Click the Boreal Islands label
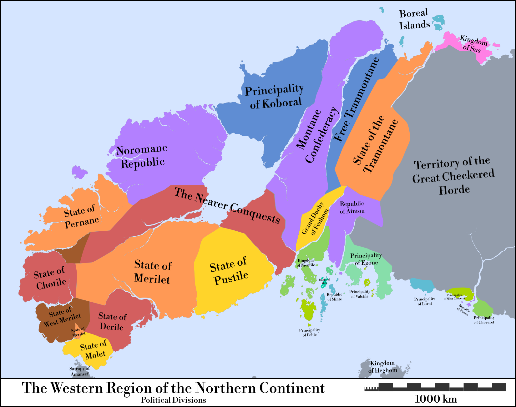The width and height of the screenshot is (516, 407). [x=414, y=19]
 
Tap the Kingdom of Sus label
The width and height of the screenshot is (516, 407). [x=473, y=44]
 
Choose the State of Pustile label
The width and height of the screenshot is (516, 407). [x=229, y=271]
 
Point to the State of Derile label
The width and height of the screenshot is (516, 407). [x=112, y=322]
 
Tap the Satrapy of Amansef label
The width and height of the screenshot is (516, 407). [x=79, y=371]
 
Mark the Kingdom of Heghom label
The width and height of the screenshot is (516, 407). [x=382, y=367]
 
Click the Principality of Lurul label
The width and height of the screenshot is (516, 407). [x=424, y=301]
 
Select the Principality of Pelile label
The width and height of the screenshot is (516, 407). [x=309, y=332]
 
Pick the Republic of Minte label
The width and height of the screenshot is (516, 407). [x=334, y=297]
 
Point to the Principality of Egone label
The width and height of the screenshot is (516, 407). [x=366, y=259]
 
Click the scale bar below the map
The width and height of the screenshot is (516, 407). [x=435, y=387]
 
